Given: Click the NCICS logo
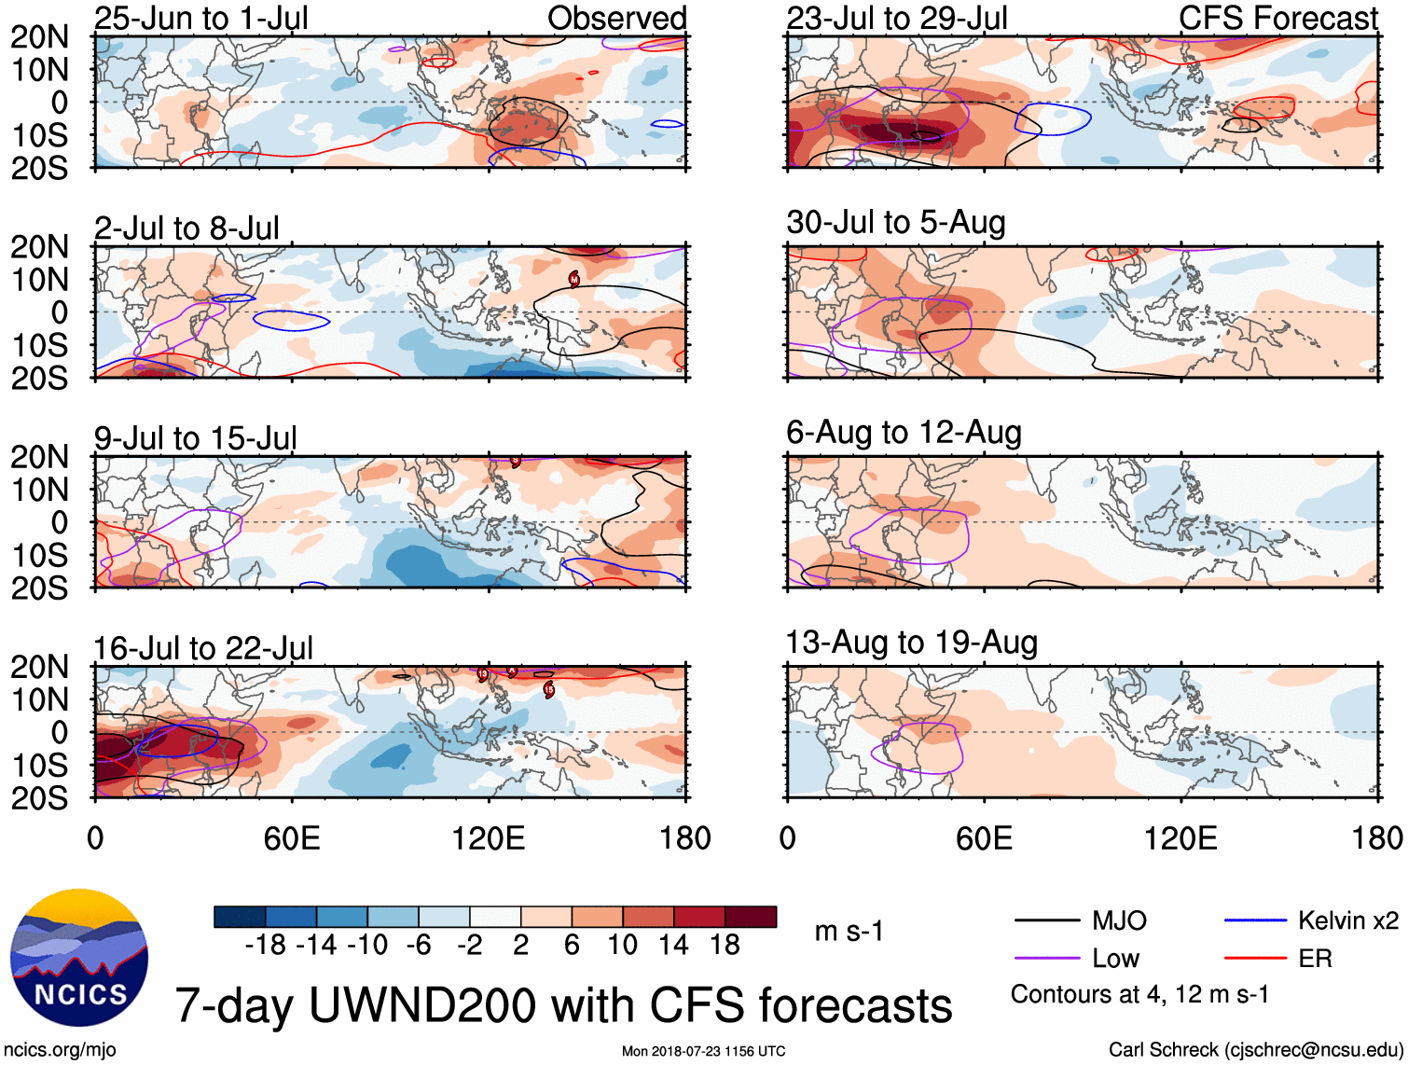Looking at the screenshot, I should pos(79,958).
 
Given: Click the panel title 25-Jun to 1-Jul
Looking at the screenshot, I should pos(200,18).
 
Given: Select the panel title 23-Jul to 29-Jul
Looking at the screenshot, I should pos(896,18).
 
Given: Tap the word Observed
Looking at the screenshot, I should pos(616,18).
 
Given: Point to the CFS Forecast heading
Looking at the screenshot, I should pos(1277,18).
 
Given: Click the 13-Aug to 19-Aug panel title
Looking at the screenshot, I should pos(911,643).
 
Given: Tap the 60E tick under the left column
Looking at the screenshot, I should pos(292,838).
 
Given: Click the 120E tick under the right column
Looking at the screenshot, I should pos(1180,838).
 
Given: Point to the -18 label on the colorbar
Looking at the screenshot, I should pos(266,946).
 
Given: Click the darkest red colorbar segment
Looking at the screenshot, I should pos(751,917).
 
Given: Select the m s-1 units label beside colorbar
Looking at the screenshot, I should pos(849,932).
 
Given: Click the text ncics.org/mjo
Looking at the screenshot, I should pos(60,1050).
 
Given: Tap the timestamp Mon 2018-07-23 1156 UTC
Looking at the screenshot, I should pos(703,1051).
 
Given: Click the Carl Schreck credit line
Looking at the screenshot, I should pos(1255,1050).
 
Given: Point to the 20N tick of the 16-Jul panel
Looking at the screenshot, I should pos(39,667).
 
